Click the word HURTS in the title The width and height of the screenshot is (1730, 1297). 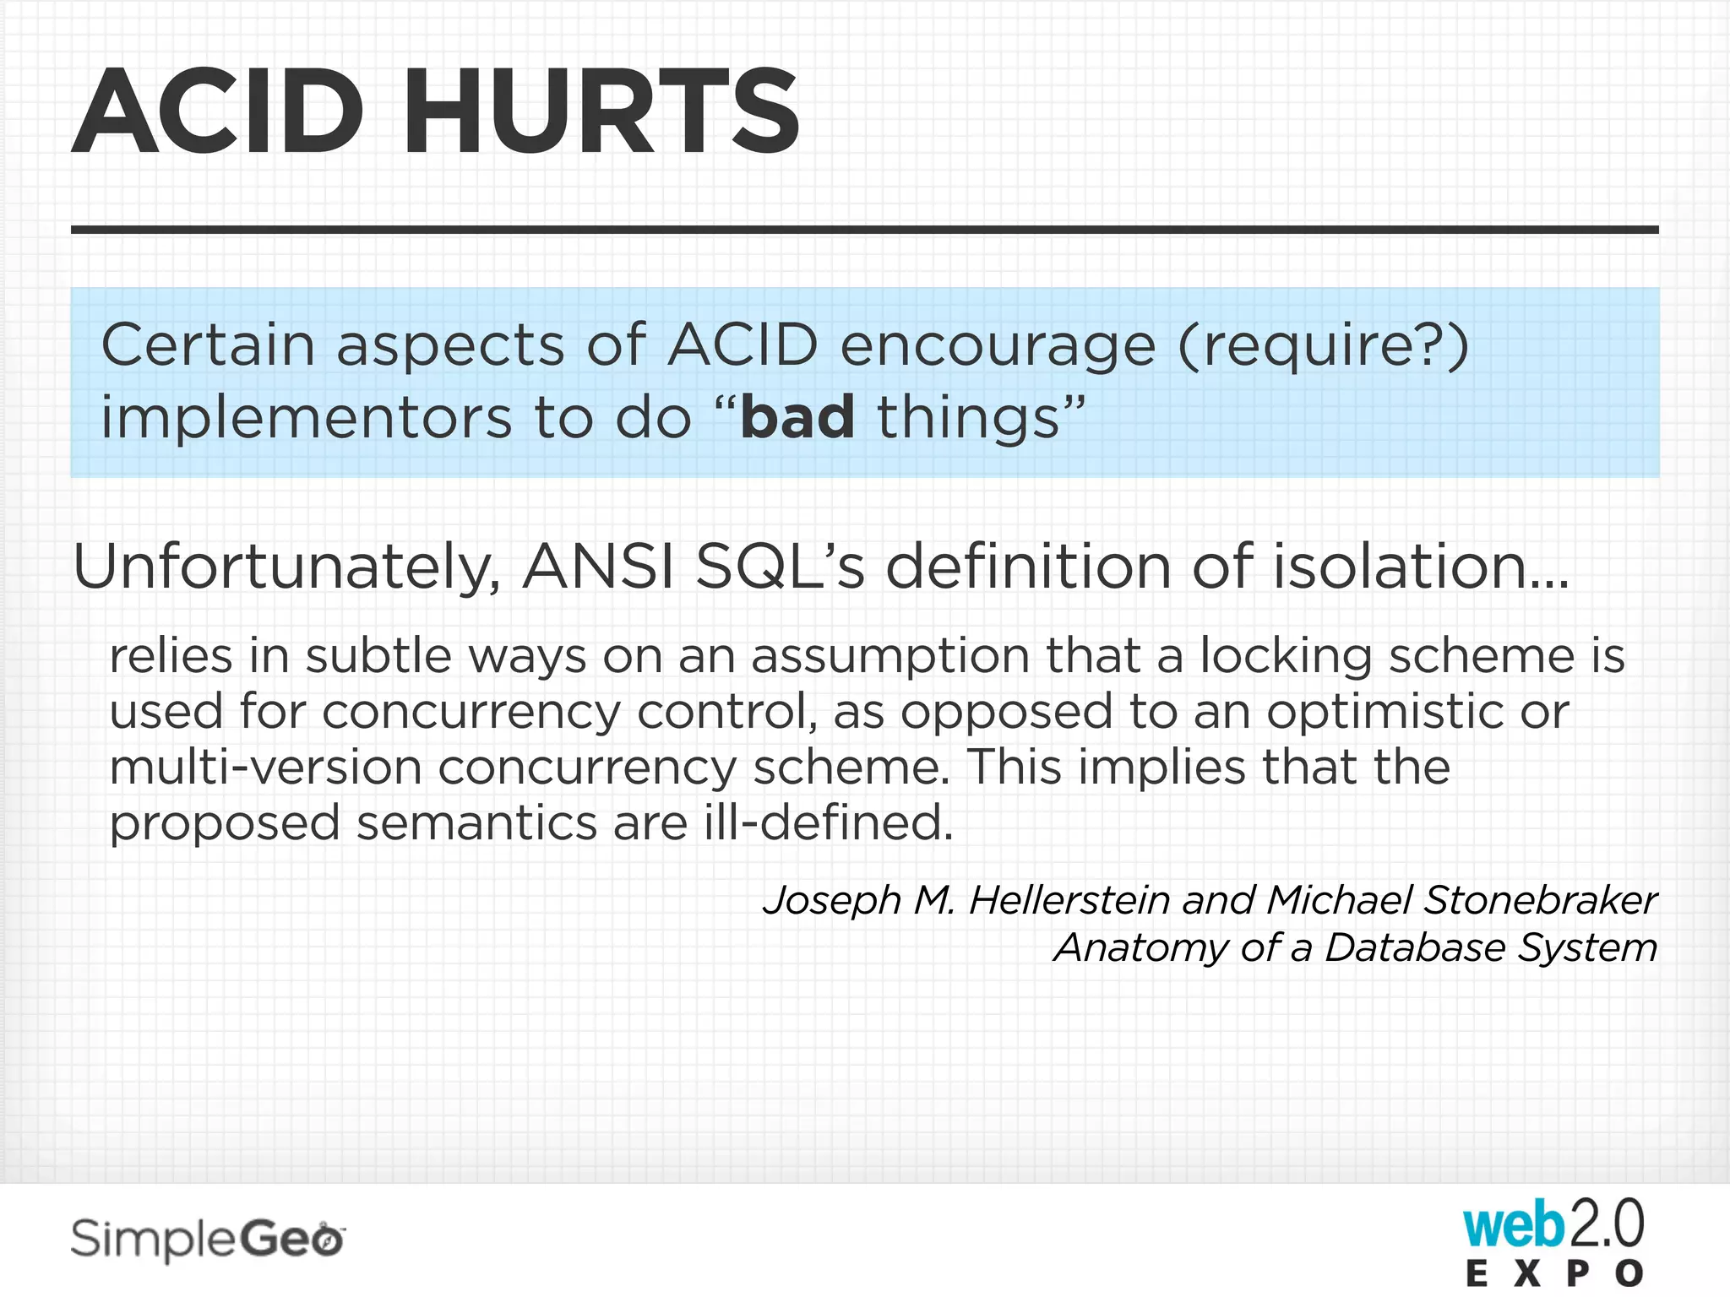point(601,111)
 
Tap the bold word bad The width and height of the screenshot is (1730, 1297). point(797,417)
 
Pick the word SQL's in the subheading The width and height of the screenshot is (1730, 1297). point(780,566)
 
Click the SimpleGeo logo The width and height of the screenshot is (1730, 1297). point(208,1240)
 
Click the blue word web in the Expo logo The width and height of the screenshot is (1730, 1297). point(1513,1226)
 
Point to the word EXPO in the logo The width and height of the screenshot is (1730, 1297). point(1555,1273)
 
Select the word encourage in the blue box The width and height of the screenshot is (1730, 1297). point(998,346)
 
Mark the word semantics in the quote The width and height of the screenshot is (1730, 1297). point(476,822)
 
